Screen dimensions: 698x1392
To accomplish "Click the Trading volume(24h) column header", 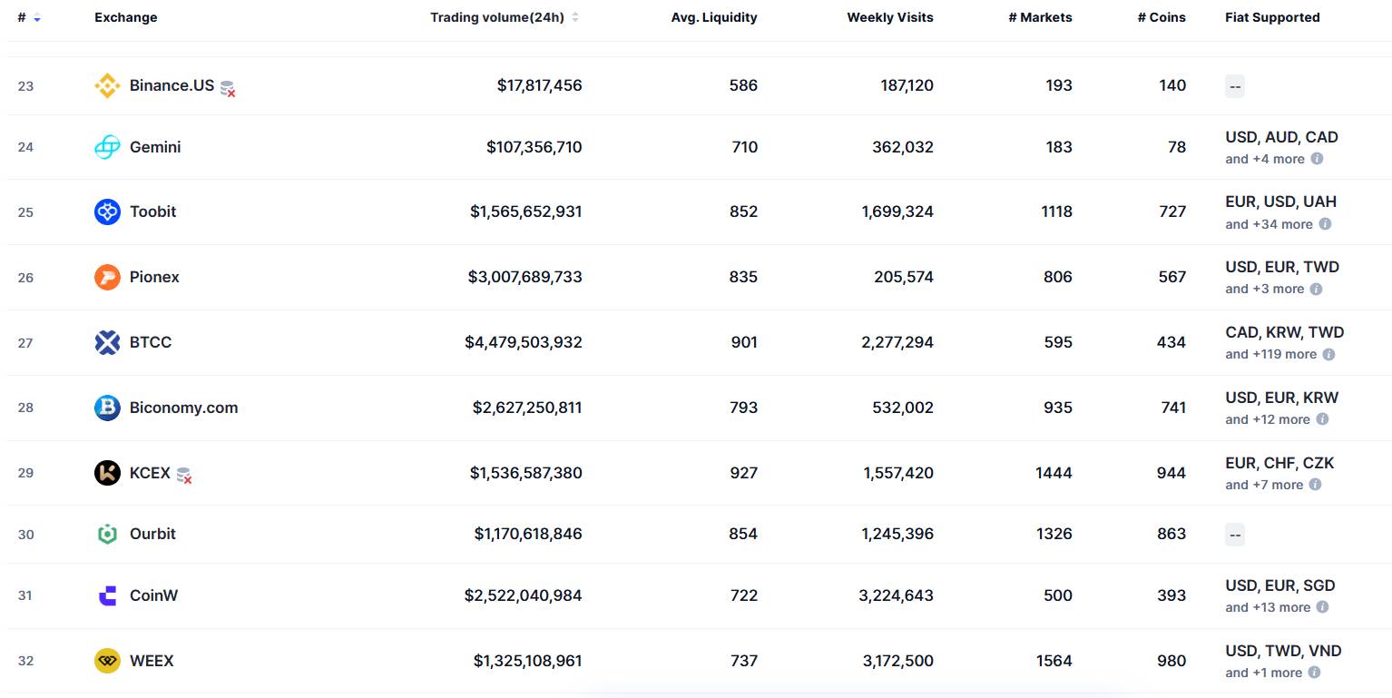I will [x=496, y=17].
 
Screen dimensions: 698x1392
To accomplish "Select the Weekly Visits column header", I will [x=889, y=17].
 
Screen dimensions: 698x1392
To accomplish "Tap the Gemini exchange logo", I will [x=107, y=147].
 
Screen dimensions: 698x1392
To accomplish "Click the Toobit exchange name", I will [x=152, y=211].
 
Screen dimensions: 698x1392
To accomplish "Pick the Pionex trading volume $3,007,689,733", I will [x=524, y=277].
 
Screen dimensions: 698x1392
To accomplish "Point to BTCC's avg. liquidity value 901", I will [x=743, y=342].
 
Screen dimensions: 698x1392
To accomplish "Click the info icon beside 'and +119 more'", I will [x=1328, y=354].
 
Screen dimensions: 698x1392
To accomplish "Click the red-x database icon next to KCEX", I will [x=184, y=475].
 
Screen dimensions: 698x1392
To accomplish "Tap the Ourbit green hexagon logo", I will [x=107, y=534].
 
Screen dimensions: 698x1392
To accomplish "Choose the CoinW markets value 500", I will [x=1057, y=595].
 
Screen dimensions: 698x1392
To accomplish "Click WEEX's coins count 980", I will [x=1171, y=661].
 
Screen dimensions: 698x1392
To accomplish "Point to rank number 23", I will [x=25, y=86].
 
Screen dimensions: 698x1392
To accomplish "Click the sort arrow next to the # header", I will [x=37, y=18].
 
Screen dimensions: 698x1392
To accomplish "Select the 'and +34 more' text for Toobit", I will [x=1269, y=224].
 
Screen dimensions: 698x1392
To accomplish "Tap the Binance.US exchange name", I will [x=172, y=85].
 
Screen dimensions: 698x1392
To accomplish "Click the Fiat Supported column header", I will [x=1272, y=17].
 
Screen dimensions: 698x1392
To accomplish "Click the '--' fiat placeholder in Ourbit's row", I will [x=1234, y=534].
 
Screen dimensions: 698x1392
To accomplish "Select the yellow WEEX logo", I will [x=107, y=661].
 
